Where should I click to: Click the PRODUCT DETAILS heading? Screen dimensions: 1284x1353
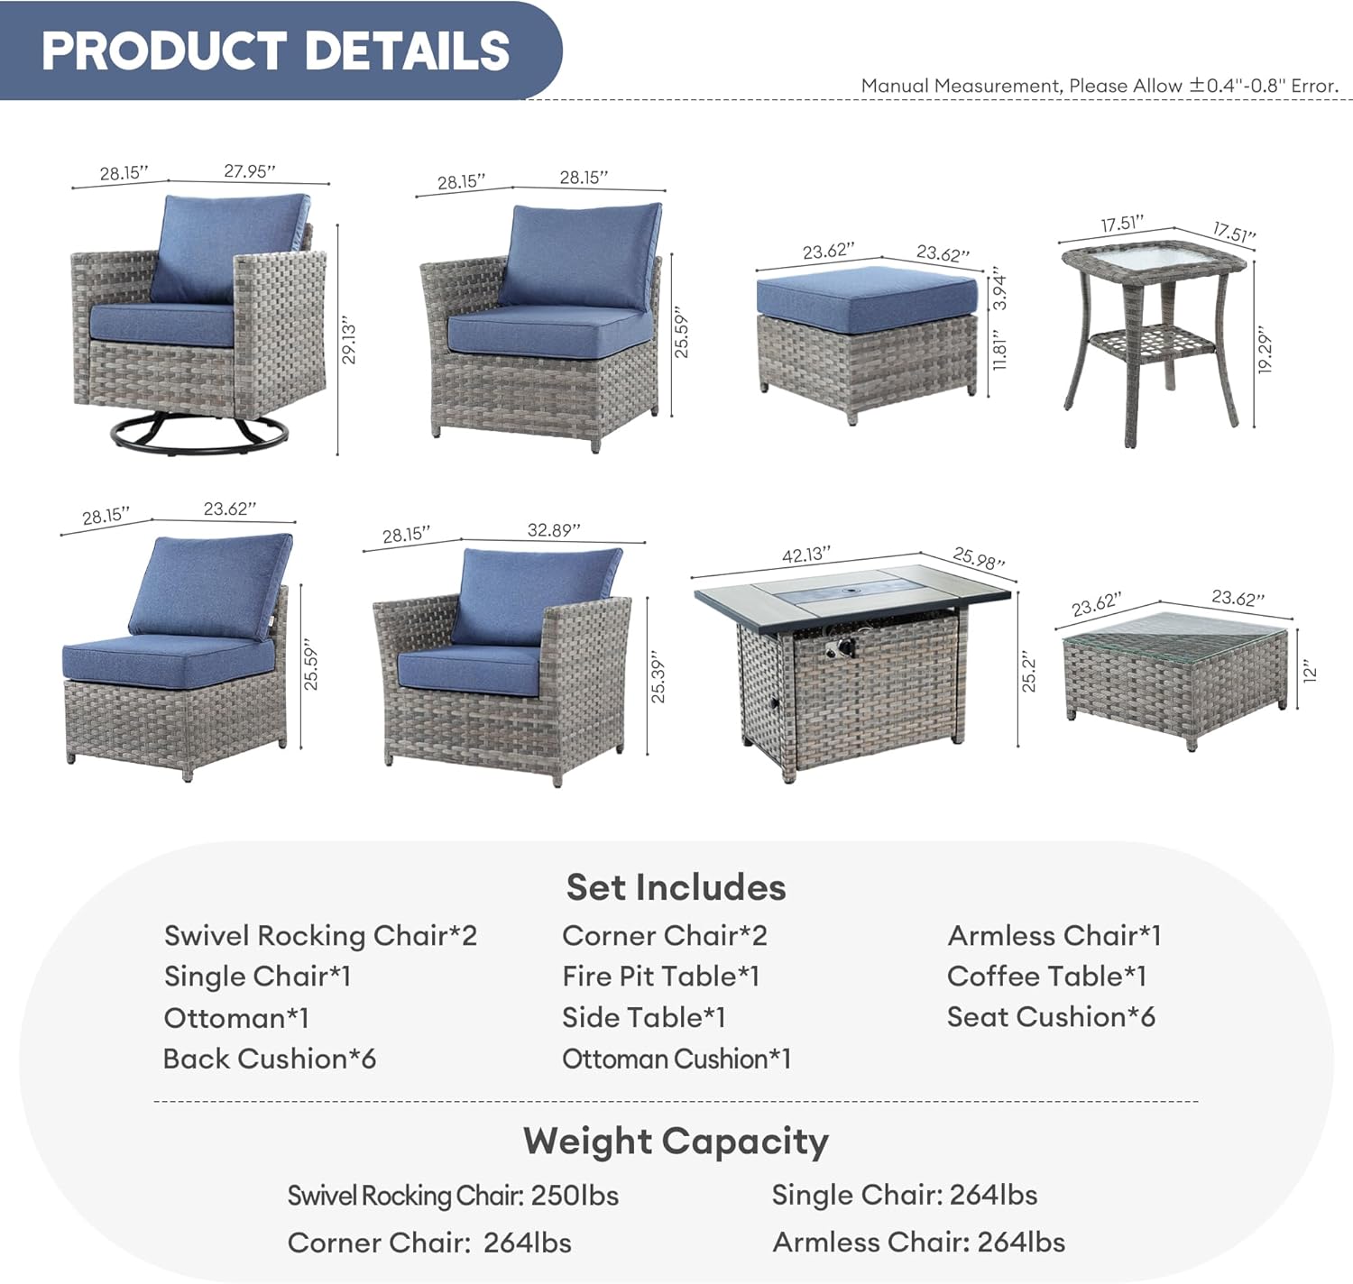coord(275,50)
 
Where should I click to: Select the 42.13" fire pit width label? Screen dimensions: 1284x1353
coord(805,555)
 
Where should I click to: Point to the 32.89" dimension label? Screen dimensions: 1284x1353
coord(553,530)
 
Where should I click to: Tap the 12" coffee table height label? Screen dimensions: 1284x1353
coord(1311,671)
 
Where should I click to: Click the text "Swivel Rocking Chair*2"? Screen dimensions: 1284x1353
coord(320,935)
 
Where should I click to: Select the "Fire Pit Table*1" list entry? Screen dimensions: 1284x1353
coord(660,976)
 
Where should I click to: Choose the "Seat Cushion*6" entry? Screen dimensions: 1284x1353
coord(1051,1016)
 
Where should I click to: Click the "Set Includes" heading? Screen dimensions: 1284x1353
coord(676,887)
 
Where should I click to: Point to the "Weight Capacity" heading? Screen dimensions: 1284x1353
coord(676,1141)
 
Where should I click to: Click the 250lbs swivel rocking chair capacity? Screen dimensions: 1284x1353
coord(575,1196)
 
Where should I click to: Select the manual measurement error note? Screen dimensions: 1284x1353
coord(1100,86)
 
